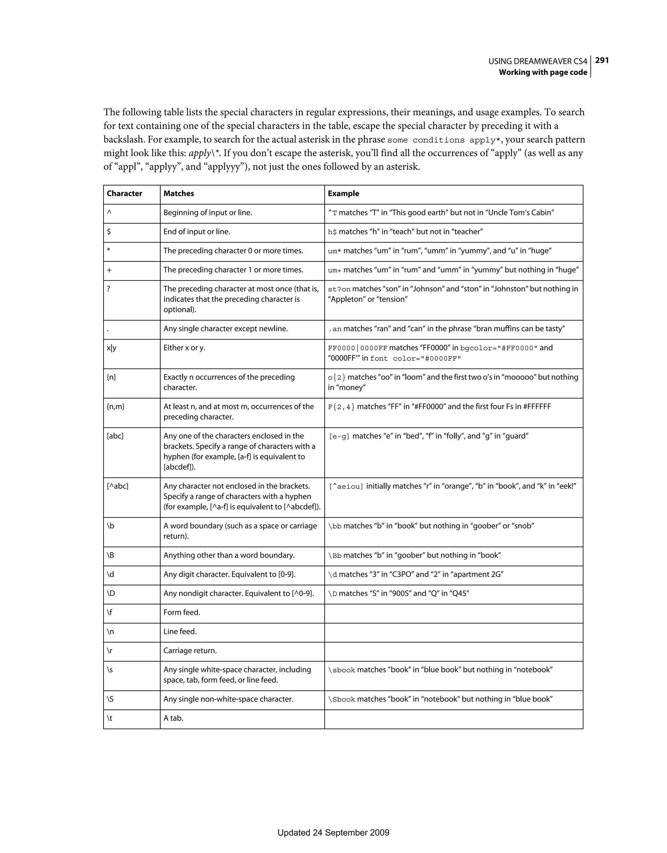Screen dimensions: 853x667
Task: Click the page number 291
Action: [602, 60]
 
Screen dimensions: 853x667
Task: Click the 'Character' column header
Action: [124, 193]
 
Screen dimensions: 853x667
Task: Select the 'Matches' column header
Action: [178, 193]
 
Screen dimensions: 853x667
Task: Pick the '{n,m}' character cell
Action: [116, 407]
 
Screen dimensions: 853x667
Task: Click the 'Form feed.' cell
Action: [182, 612]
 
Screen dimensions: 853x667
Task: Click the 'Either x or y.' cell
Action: [184, 348]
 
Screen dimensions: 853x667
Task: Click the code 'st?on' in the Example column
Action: [339, 289]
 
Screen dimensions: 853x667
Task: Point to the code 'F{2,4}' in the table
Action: [341, 407]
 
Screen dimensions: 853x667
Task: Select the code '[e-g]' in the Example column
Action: [339, 437]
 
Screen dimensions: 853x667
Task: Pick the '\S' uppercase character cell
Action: [110, 699]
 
